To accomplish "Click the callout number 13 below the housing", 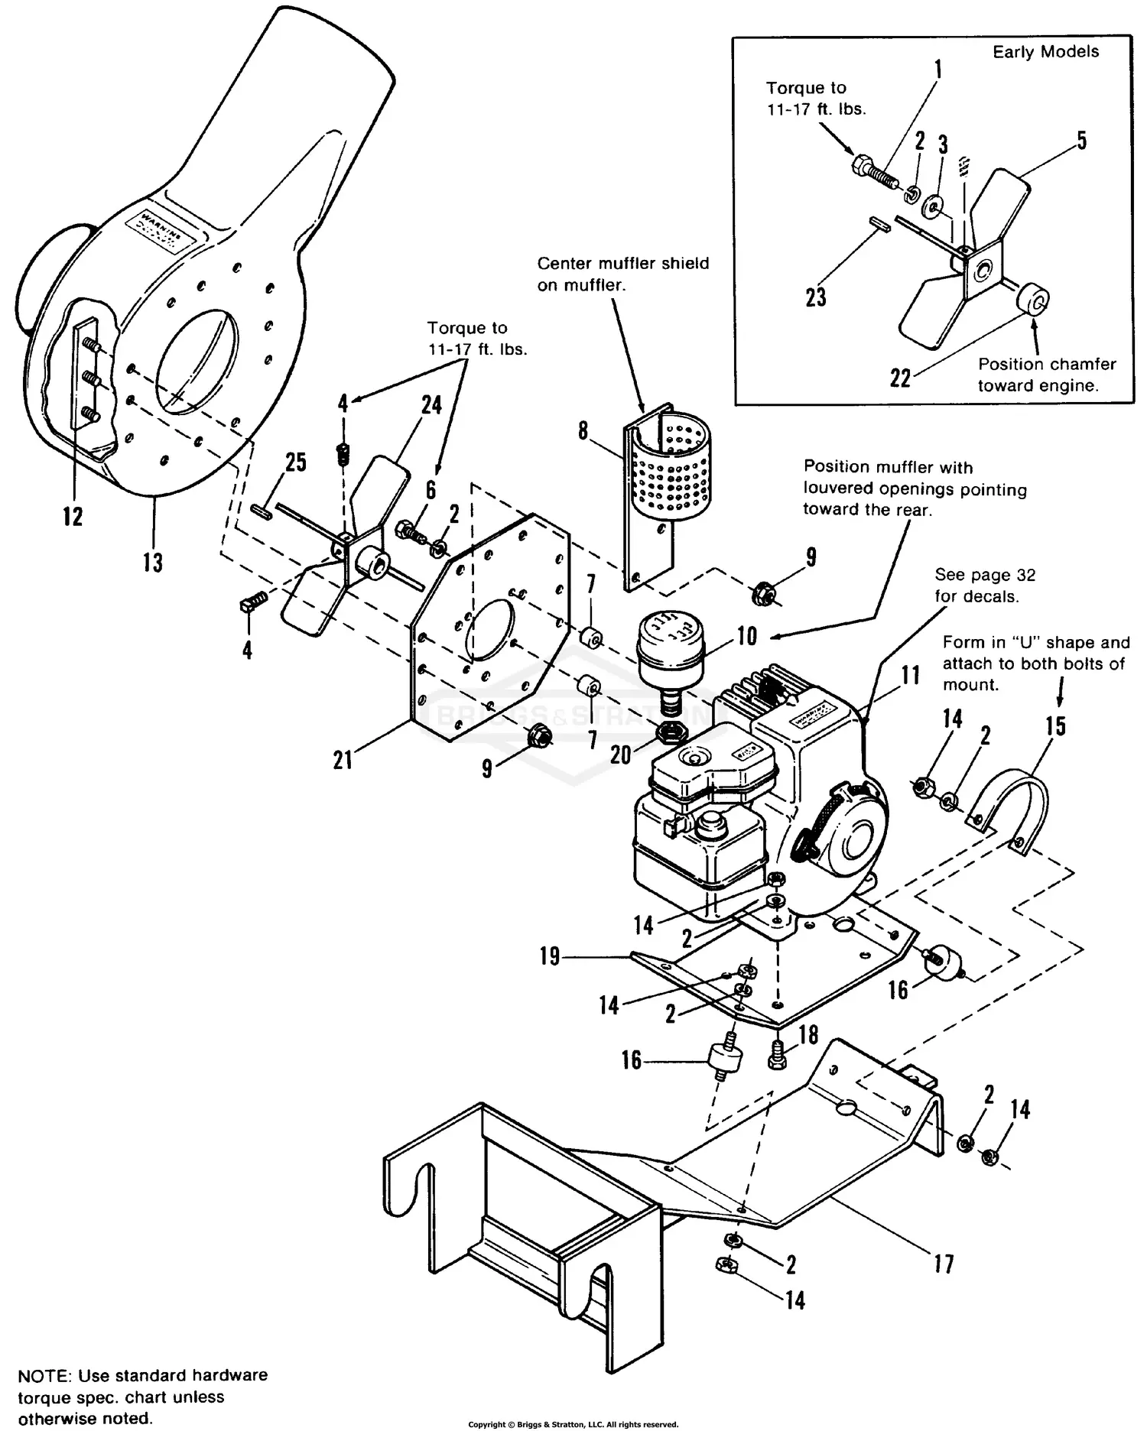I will [x=153, y=563].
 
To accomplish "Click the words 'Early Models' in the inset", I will [x=1045, y=52].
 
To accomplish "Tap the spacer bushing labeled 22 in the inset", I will [x=1032, y=299].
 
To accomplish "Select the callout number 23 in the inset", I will [x=816, y=297].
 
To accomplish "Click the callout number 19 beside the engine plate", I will [x=550, y=956].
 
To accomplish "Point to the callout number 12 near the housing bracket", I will [x=73, y=517].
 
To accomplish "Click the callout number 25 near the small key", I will [x=295, y=462].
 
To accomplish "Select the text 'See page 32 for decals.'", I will [x=984, y=586].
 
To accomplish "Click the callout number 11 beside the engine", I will [x=910, y=675].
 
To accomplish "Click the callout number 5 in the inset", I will [x=1081, y=141].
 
